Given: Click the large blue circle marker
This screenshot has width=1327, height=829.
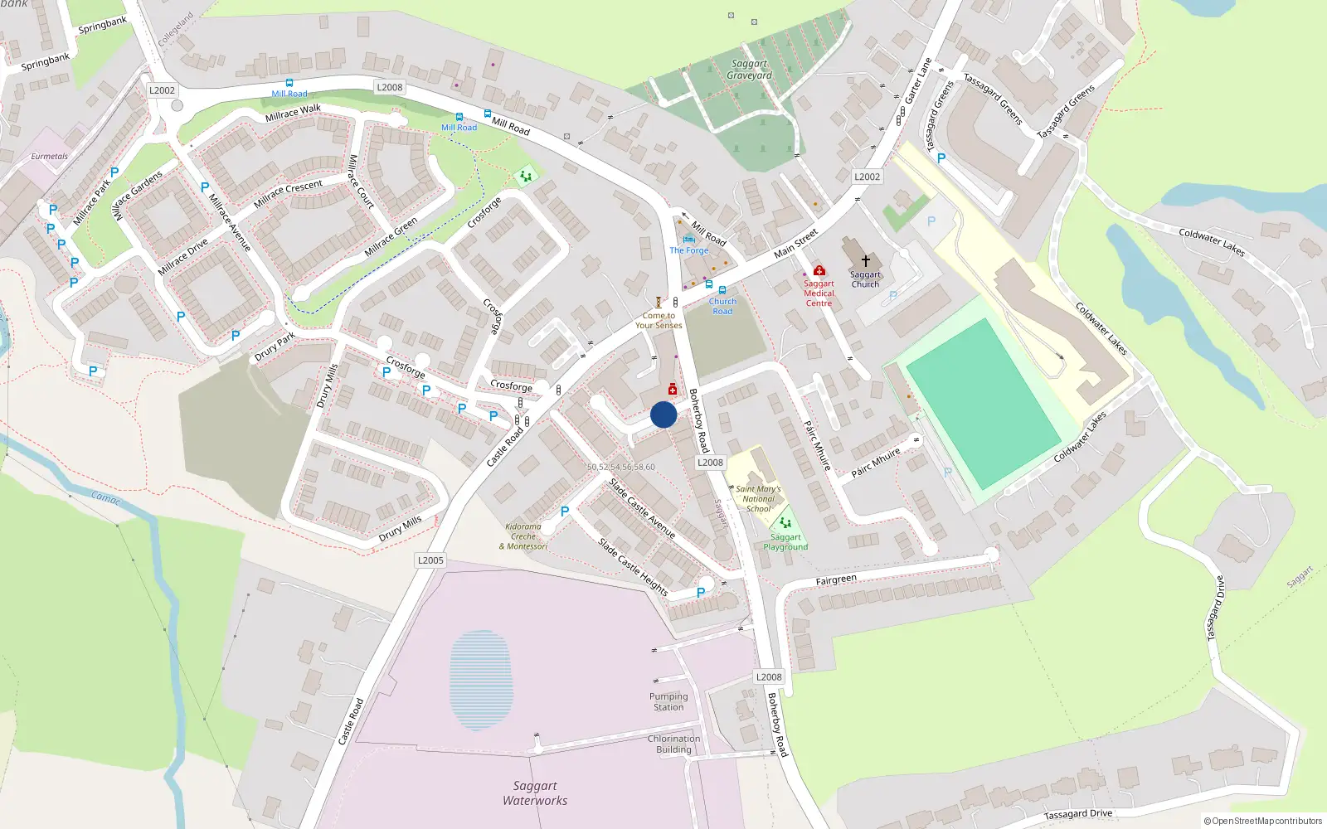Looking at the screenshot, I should click(x=663, y=414).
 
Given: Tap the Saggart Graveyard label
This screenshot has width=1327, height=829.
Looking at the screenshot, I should click(x=749, y=70).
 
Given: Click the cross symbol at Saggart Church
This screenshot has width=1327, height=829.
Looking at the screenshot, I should click(x=865, y=260).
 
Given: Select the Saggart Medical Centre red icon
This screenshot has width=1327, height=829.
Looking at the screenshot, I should click(x=819, y=270).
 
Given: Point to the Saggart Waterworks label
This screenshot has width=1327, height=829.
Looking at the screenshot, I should click(x=535, y=793).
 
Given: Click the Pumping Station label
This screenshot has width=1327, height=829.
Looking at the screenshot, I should click(x=668, y=702).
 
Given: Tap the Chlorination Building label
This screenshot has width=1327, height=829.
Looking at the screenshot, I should click(x=673, y=744).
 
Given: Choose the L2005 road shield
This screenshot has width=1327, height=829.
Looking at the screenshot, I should click(x=430, y=560).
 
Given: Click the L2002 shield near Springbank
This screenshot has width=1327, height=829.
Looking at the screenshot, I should click(x=162, y=90).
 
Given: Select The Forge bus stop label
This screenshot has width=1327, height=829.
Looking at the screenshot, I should click(x=689, y=250).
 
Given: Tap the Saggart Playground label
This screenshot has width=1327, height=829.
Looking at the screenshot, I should click(x=785, y=542).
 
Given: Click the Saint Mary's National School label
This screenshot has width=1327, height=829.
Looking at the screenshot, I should click(x=758, y=499).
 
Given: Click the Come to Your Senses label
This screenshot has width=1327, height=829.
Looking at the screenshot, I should click(x=659, y=321).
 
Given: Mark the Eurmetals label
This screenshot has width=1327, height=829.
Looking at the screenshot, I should click(x=50, y=156).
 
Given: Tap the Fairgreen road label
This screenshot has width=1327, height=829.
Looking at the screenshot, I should click(x=835, y=579).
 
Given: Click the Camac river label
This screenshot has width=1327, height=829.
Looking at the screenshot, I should click(x=105, y=497).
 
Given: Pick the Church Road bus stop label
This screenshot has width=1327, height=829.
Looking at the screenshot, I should click(x=722, y=306).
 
